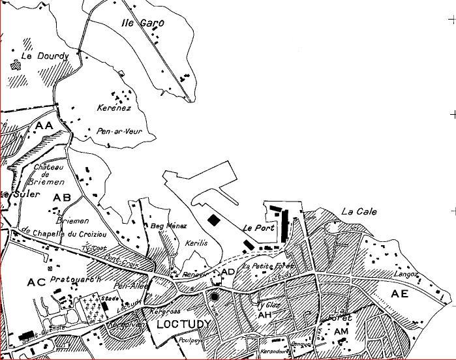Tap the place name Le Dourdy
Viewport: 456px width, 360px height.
click(x=40, y=57)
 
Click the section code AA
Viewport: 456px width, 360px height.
click(x=44, y=125)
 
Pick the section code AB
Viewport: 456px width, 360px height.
click(x=62, y=197)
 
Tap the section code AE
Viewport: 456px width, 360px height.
click(x=399, y=294)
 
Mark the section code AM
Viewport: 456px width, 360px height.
click(x=342, y=332)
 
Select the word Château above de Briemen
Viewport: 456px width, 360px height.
click(x=47, y=167)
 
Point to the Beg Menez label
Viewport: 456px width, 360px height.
click(x=164, y=226)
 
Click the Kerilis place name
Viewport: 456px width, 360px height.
click(x=196, y=242)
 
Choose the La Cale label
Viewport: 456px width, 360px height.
click(x=359, y=212)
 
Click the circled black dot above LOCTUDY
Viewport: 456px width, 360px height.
click(x=215, y=297)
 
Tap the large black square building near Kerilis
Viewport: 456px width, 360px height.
click(x=213, y=220)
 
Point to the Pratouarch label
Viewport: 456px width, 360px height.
click(x=77, y=280)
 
